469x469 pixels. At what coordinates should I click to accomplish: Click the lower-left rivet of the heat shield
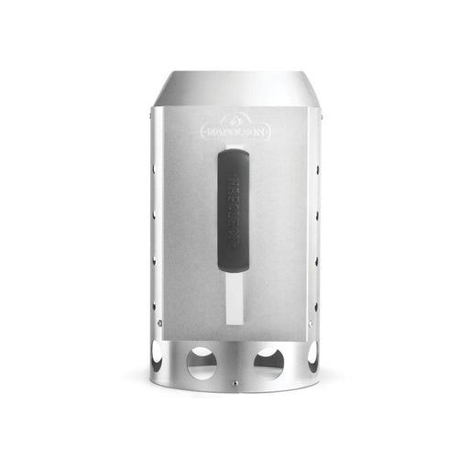coord(158,323)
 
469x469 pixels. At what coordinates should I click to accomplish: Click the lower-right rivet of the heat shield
coord(311,323)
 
